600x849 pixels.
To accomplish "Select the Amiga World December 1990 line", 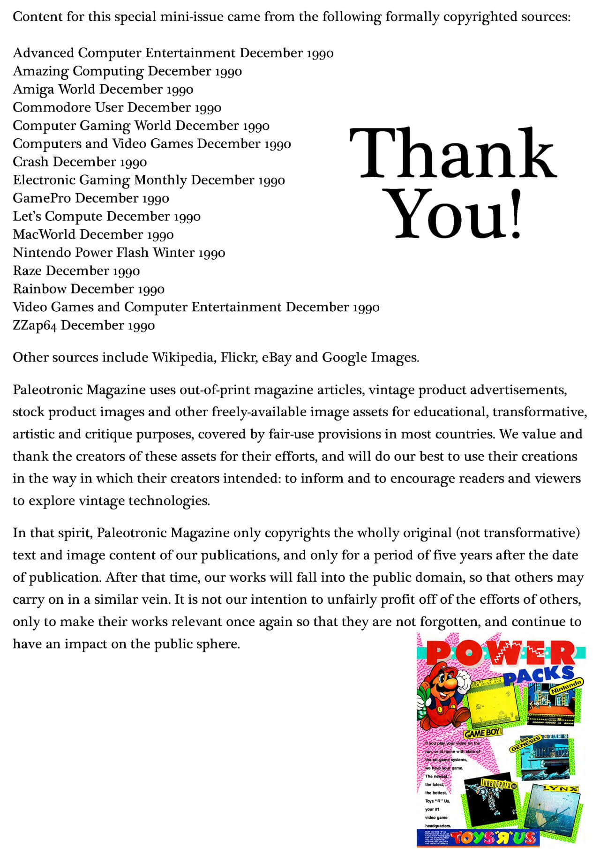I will click(103, 89).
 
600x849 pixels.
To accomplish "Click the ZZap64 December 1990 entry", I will click(83, 325).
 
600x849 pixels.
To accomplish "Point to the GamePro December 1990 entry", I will click(90, 198).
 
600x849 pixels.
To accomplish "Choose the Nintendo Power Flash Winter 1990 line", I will click(119, 252).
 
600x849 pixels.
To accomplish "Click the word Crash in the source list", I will click(30, 162).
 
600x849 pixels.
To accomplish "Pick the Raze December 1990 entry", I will click(76, 270).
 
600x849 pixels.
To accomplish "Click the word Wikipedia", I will click(183, 357).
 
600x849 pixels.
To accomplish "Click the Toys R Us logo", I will click(494, 837).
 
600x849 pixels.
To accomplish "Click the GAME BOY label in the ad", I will click(483, 733).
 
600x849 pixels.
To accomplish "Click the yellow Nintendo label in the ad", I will click(566, 687).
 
